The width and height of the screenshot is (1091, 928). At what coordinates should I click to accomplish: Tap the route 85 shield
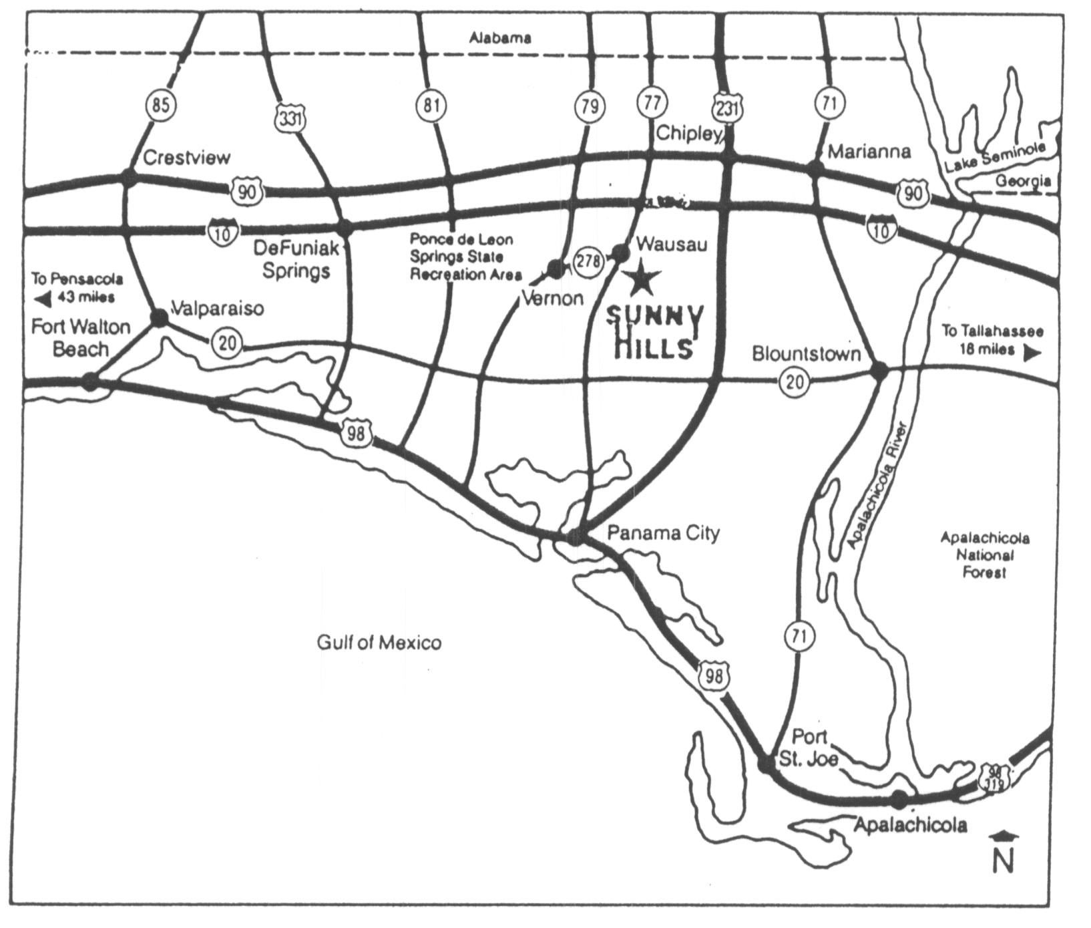pos(161,106)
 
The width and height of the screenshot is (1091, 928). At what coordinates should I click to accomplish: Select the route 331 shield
pos(289,120)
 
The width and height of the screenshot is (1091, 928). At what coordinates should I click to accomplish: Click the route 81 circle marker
pos(431,106)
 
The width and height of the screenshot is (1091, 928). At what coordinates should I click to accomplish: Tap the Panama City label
pos(664,533)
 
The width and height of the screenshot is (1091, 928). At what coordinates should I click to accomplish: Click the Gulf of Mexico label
pos(379,643)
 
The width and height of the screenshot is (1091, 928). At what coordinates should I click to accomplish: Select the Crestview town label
pos(186,158)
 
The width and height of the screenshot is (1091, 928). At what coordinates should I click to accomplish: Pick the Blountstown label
pos(807,353)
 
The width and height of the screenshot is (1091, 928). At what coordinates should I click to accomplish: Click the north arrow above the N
pos(1004,836)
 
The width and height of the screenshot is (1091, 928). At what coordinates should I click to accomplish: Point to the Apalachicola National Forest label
pos(984,555)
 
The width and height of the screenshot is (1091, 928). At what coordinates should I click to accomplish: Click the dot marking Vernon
pos(555,269)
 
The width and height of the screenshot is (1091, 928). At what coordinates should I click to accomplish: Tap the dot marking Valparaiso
pos(160,317)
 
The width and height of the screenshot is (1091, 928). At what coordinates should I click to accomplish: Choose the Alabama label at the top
pos(500,38)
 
